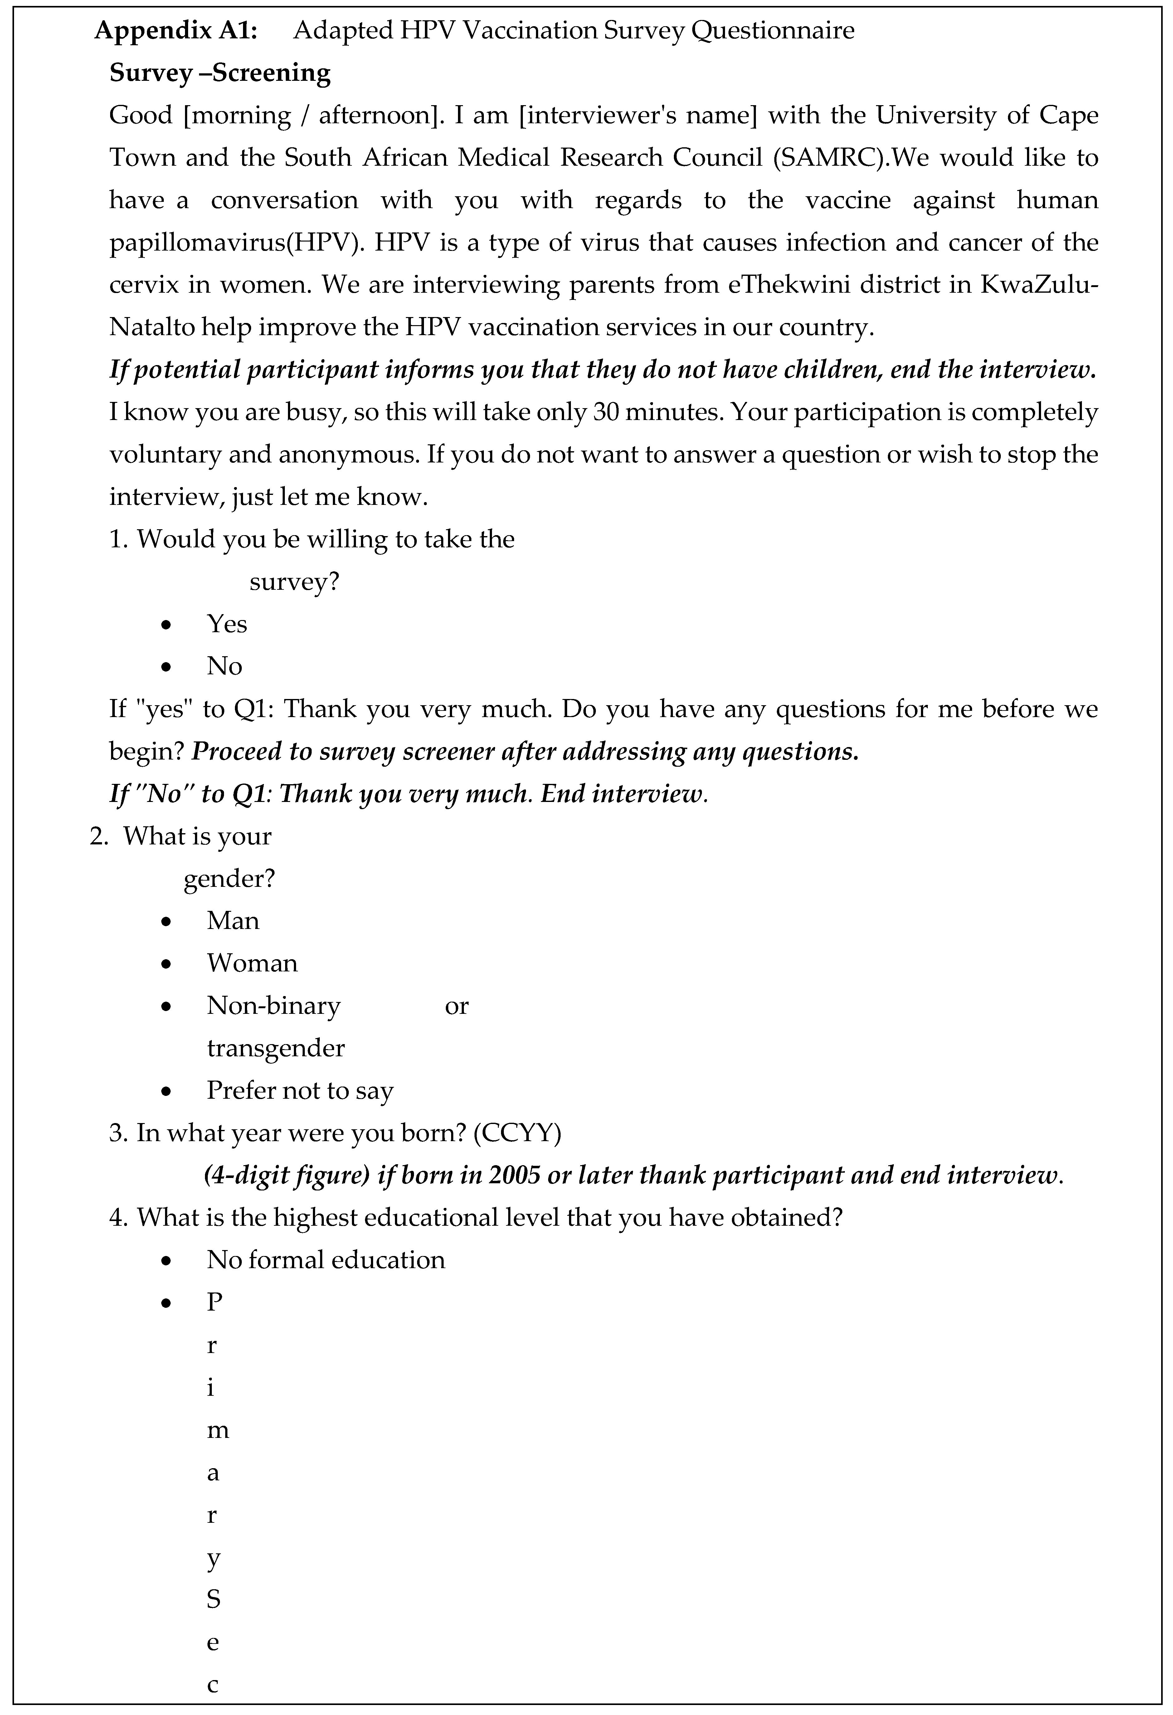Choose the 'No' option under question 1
(x=224, y=666)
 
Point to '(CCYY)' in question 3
(x=517, y=1133)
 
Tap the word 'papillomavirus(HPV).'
(x=237, y=243)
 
